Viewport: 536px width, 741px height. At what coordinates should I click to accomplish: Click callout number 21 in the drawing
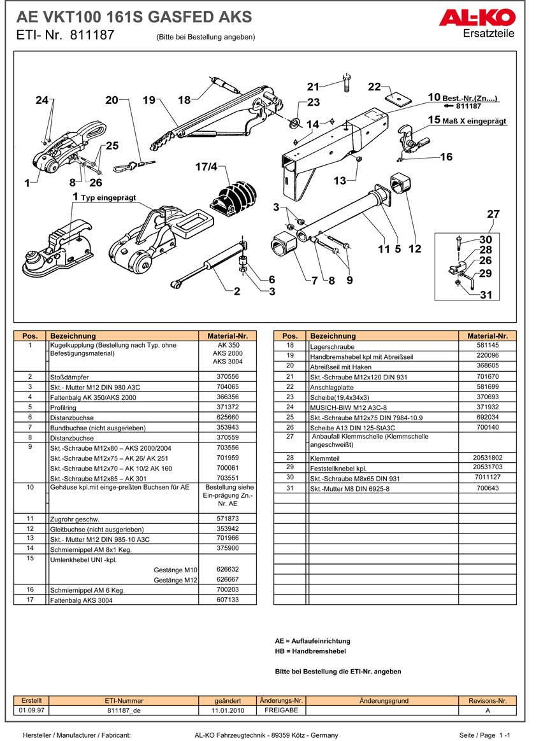click(x=312, y=87)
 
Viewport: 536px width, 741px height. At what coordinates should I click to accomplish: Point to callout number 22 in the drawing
click(x=374, y=87)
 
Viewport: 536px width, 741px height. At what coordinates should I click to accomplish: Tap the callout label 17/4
click(x=206, y=167)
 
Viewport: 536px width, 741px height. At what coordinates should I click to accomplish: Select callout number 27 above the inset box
click(x=493, y=215)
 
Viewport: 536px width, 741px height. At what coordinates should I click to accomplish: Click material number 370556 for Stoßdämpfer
click(x=227, y=377)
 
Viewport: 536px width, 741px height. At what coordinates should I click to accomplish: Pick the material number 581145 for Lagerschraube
click(x=487, y=346)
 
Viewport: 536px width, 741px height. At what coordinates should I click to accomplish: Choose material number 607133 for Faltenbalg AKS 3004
click(x=227, y=600)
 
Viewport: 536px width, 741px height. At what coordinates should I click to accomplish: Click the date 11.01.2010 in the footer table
click(x=228, y=710)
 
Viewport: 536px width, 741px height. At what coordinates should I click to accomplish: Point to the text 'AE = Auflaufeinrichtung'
click(x=312, y=641)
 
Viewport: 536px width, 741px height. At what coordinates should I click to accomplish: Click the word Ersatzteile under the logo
click(x=489, y=34)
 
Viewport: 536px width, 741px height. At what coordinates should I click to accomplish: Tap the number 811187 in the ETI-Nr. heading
click(x=92, y=36)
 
